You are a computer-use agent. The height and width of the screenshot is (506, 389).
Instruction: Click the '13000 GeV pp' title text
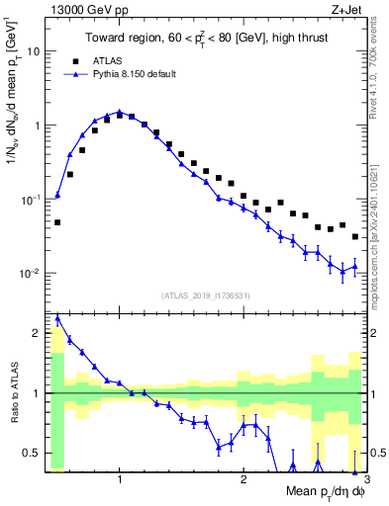[x=78, y=9]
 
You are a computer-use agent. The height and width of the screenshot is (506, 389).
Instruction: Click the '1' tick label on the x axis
[x=120, y=480]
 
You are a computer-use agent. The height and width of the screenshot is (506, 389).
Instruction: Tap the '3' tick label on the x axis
[x=353, y=480]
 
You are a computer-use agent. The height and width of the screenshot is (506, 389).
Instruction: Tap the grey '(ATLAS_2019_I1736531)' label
[x=206, y=295]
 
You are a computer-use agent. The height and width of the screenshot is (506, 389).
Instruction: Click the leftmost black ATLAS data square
[x=57, y=222]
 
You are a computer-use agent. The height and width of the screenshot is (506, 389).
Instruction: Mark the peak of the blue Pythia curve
[x=119, y=112]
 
